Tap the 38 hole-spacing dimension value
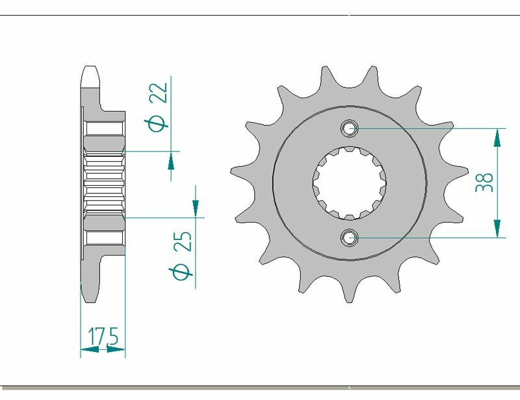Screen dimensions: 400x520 click(x=485, y=183)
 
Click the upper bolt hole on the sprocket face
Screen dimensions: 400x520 click(x=350, y=128)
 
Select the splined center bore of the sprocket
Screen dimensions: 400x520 click(x=350, y=183)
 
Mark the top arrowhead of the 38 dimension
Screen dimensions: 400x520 click(x=497, y=137)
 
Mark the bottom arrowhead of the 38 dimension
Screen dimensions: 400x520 click(x=497, y=229)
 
